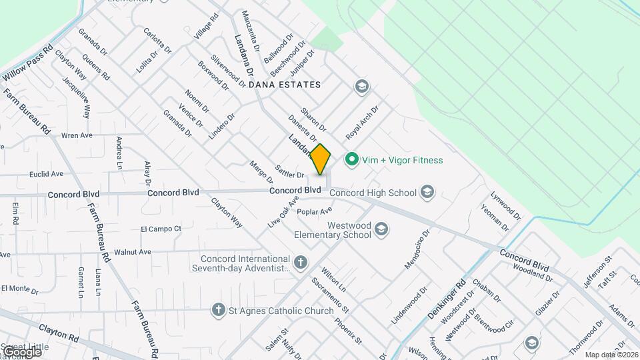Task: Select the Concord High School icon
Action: tap(427, 193)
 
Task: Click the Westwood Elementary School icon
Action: tap(381, 230)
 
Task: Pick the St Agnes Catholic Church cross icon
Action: tap(217, 310)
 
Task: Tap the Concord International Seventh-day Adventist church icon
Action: tap(301, 261)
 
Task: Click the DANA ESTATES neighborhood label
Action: tap(285, 85)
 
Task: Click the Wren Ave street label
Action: tap(77, 135)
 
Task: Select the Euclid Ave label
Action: tap(47, 174)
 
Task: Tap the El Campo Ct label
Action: tap(161, 229)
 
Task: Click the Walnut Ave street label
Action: tap(133, 252)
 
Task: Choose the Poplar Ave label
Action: tap(315, 212)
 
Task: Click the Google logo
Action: tap(22, 351)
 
